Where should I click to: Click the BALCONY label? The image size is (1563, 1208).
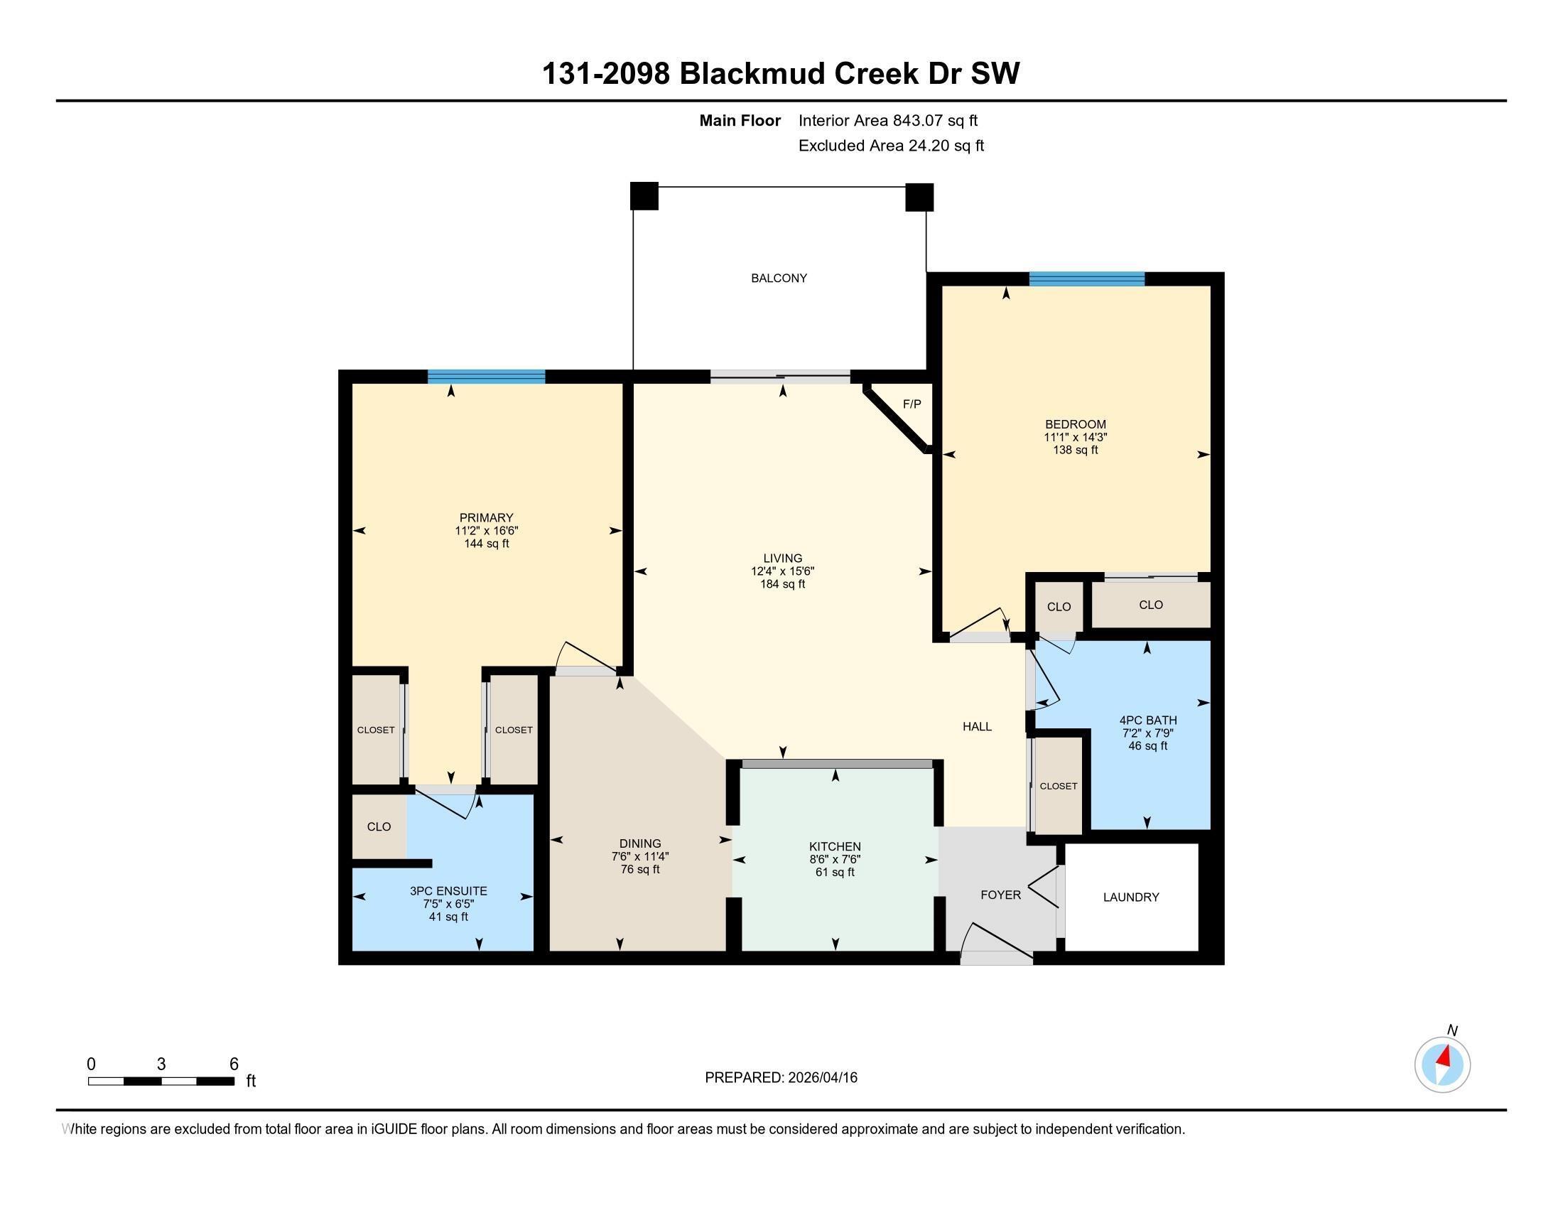point(779,278)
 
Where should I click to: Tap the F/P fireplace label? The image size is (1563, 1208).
point(911,404)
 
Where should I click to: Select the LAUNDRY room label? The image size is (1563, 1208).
point(1131,897)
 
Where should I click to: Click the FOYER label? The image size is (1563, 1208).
point(1000,895)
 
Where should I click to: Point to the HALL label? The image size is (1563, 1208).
point(976,726)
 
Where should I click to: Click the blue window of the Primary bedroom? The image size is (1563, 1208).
point(486,377)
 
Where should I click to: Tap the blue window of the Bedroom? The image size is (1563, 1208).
point(1086,279)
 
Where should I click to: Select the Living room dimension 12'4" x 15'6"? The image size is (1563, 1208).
point(782,571)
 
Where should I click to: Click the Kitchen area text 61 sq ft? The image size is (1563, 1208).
point(835,873)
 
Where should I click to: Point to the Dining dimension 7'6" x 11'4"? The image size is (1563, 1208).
point(640,857)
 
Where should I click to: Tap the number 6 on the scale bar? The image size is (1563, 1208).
point(233,1064)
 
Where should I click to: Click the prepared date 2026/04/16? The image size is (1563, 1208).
point(821,1078)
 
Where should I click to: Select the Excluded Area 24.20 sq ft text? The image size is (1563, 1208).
point(890,146)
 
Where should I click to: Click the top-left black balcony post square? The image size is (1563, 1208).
point(644,196)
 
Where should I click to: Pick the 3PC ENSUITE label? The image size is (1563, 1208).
point(448,891)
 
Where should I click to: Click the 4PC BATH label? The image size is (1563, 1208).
point(1147,720)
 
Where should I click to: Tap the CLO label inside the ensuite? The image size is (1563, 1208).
point(379,826)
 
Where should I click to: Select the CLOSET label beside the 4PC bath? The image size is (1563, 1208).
point(1058,786)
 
